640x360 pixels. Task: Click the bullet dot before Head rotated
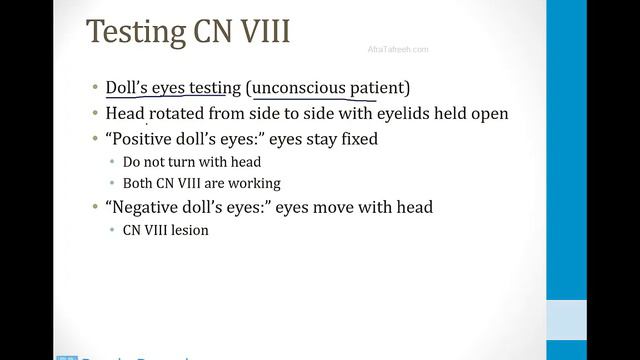109,114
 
